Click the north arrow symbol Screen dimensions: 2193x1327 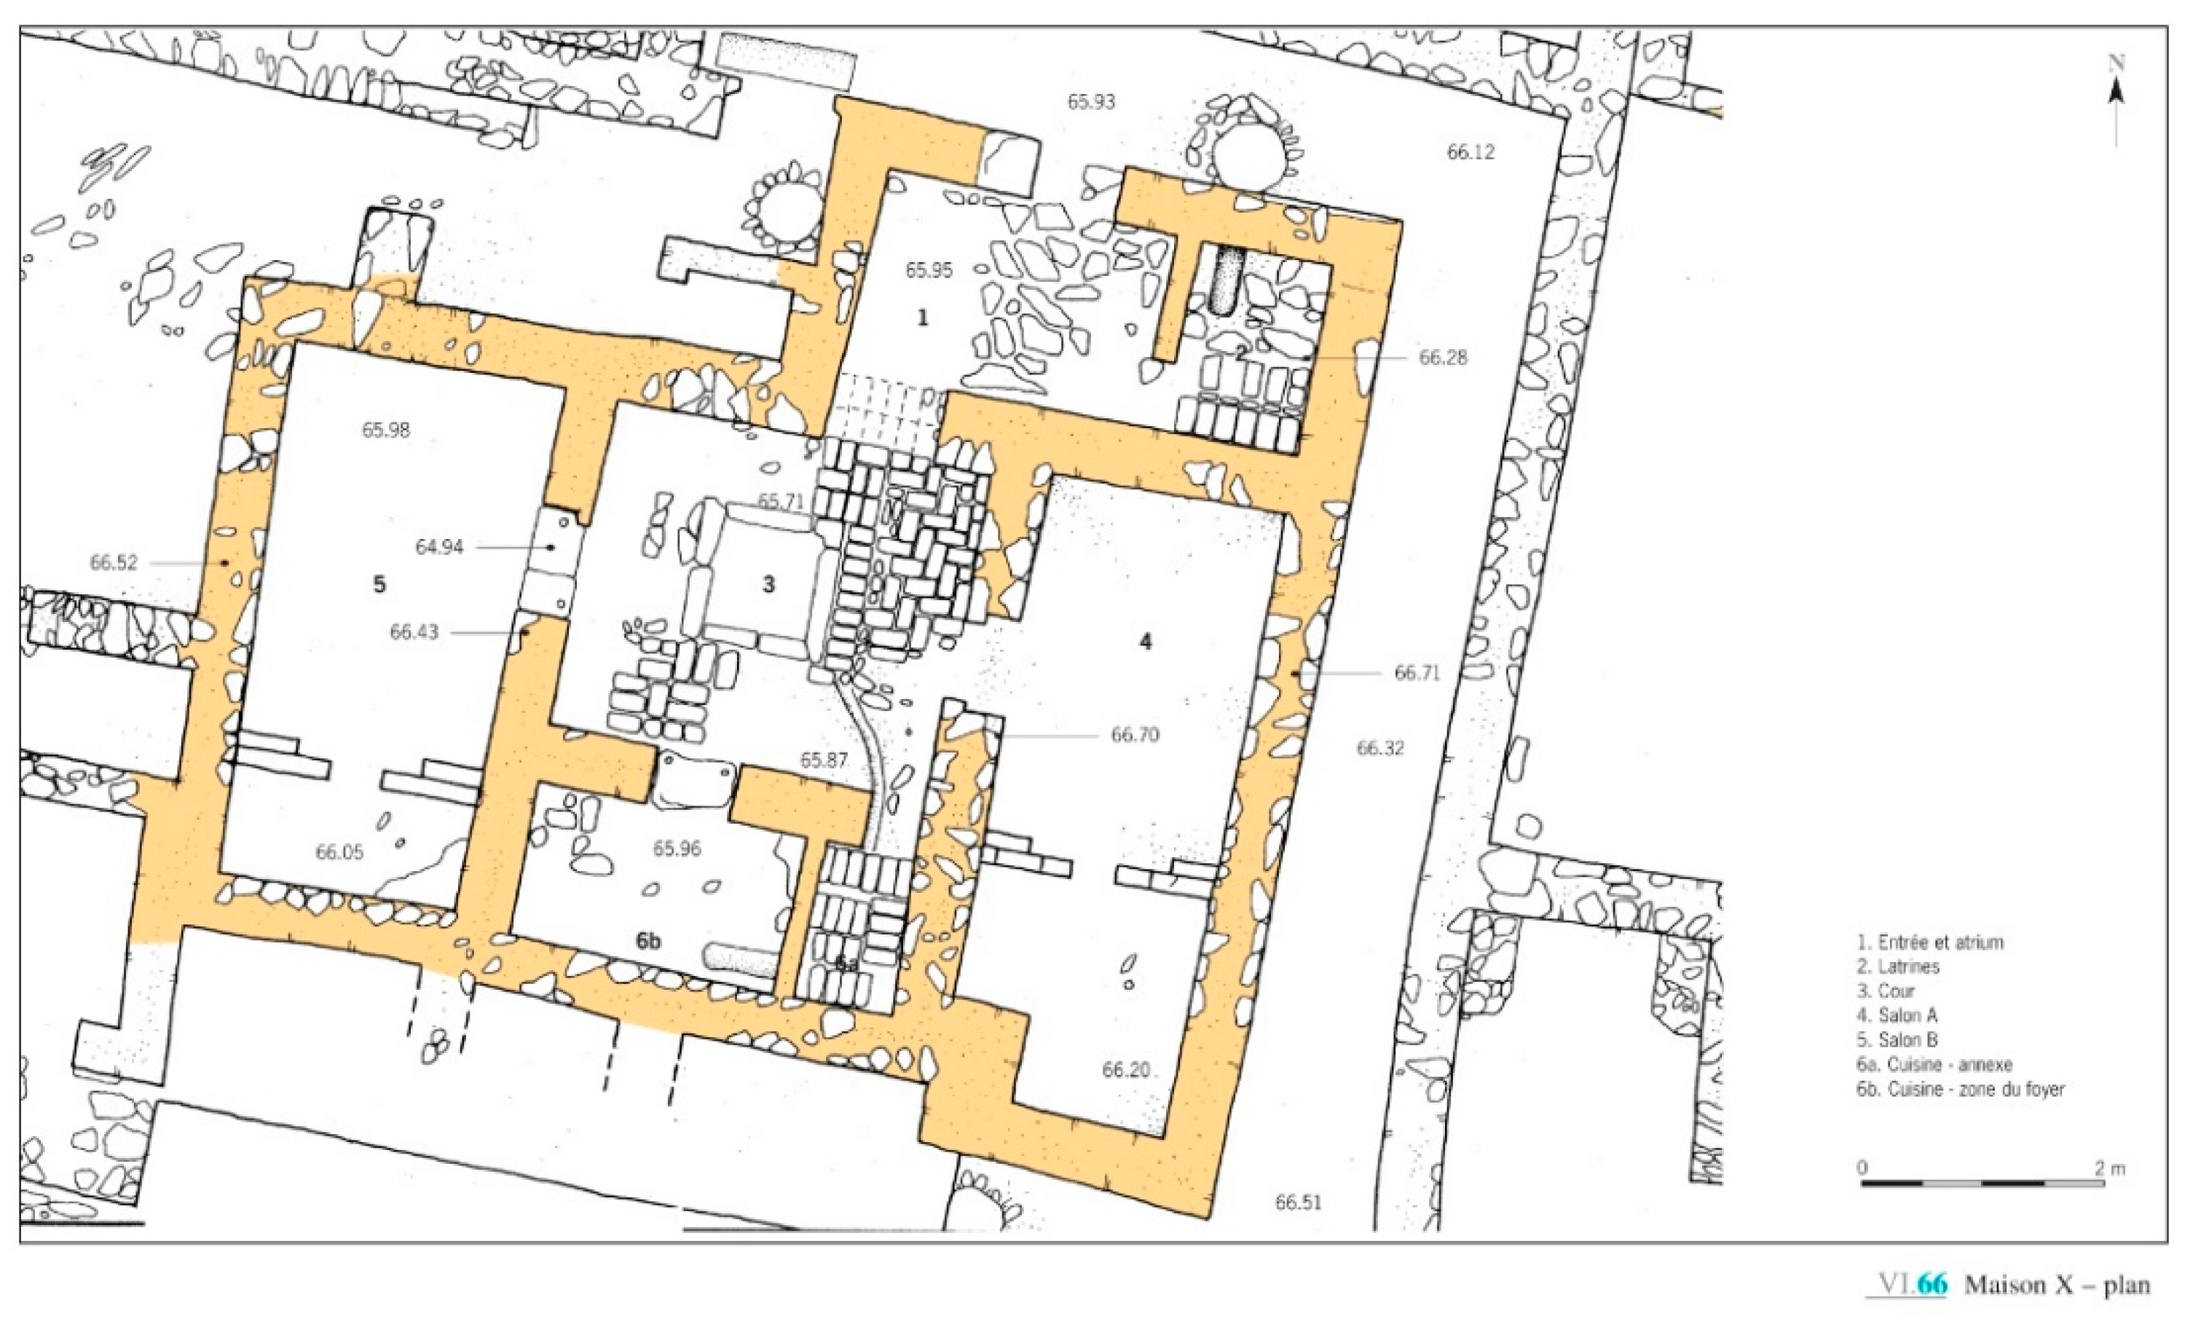click(2117, 103)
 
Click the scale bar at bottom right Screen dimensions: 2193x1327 click(1983, 1184)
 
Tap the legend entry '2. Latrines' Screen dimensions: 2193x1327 click(1897, 966)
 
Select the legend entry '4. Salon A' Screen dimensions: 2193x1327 click(1897, 1015)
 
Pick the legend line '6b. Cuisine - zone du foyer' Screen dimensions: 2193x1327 click(1961, 1089)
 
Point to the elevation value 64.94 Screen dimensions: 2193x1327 click(440, 548)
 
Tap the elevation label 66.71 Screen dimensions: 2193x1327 click(1417, 673)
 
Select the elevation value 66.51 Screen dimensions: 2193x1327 click(1299, 1203)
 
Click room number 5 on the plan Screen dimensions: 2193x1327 click(379, 585)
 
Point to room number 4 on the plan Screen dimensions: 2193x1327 click(1146, 641)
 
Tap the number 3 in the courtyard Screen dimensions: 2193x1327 click(769, 584)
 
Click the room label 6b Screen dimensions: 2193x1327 click(649, 942)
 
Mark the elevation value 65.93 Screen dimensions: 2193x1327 click(1091, 101)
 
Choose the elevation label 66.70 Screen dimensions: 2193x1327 click(1135, 735)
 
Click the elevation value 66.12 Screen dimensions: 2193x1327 click(1470, 152)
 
